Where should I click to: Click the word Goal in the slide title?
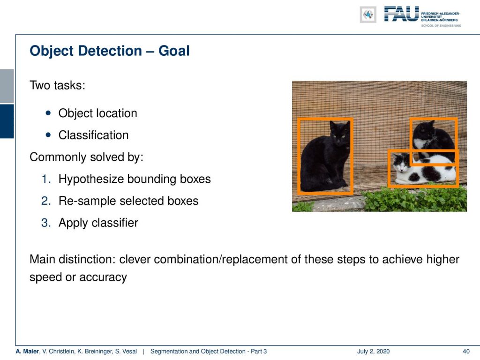pyautogui.click(x=174, y=51)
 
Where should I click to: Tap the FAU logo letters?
pyautogui.click(x=401, y=14)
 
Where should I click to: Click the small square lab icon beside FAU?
pyautogui.click(x=368, y=15)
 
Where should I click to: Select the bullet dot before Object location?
pyautogui.click(x=48, y=113)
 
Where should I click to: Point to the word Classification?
pyautogui.click(x=93, y=135)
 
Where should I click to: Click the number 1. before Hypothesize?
pyautogui.click(x=46, y=179)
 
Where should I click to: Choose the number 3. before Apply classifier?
pyautogui.click(x=46, y=223)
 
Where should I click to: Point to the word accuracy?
pyautogui.click(x=103, y=277)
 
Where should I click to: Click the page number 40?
pyautogui.click(x=466, y=352)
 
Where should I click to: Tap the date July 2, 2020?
pyautogui.click(x=373, y=352)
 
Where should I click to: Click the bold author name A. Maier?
pyautogui.click(x=27, y=352)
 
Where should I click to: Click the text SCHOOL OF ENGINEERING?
pyautogui.click(x=441, y=26)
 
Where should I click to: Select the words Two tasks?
pyautogui.click(x=57, y=85)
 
